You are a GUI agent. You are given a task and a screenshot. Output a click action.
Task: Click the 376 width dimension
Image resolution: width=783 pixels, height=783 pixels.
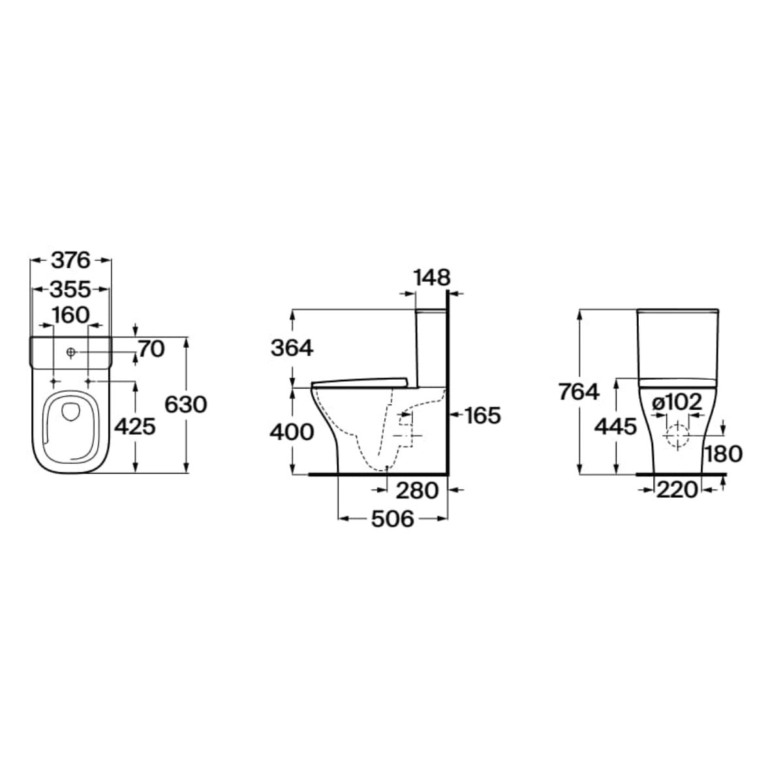pyautogui.click(x=70, y=260)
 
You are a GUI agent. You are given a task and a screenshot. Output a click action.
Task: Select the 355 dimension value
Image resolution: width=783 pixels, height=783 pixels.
pyautogui.click(x=70, y=289)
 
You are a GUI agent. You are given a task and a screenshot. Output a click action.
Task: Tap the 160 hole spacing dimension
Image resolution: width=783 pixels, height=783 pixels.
pyautogui.click(x=70, y=315)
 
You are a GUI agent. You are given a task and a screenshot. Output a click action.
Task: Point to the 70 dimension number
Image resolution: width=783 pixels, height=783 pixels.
pyautogui.click(x=151, y=349)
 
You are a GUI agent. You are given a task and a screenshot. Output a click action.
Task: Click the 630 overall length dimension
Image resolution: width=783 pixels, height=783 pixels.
pyautogui.click(x=186, y=405)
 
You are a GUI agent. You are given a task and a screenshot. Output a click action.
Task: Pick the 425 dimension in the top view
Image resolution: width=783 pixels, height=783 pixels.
pyautogui.click(x=135, y=427)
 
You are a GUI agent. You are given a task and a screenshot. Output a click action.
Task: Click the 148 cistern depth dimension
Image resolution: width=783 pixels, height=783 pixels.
pyautogui.click(x=433, y=278)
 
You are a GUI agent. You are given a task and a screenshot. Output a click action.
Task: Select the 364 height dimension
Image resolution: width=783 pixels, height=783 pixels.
pyautogui.click(x=292, y=348)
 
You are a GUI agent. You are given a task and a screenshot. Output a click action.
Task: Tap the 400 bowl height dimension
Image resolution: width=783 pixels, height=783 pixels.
pyautogui.click(x=292, y=433)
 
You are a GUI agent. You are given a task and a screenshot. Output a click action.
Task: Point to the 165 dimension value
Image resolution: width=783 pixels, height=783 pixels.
pyautogui.click(x=483, y=415)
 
